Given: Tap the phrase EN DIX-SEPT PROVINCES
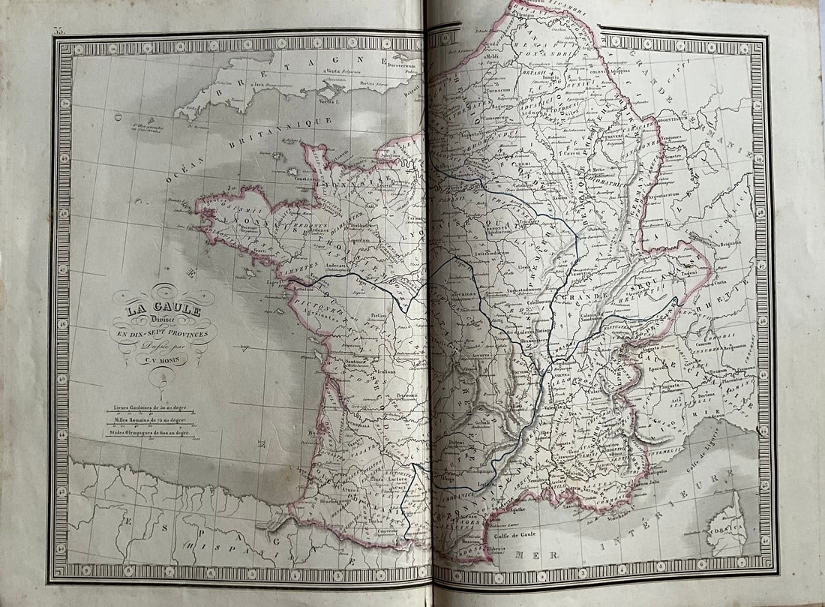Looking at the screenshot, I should [x=163, y=332].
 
